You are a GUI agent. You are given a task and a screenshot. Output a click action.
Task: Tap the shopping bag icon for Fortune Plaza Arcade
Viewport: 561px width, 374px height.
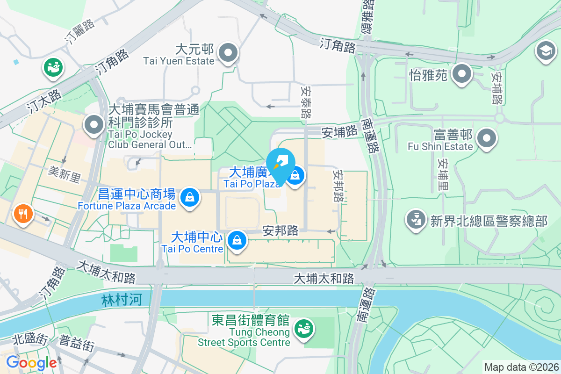click(190, 197)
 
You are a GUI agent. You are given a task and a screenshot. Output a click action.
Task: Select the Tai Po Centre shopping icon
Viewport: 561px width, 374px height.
click(237, 240)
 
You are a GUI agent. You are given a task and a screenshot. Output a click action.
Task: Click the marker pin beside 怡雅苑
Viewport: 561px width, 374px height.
click(462, 74)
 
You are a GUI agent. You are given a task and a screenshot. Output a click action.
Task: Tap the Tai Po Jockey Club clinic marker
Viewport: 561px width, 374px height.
click(94, 125)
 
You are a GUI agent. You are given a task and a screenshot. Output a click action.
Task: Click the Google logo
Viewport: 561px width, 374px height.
click(31, 362)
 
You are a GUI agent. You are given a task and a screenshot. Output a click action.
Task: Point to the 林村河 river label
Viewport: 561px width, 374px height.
click(121, 300)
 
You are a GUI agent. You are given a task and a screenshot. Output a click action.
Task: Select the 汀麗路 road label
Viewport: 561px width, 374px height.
click(80, 32)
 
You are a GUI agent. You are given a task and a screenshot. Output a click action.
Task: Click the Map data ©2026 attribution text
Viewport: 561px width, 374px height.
click(521, 367)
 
